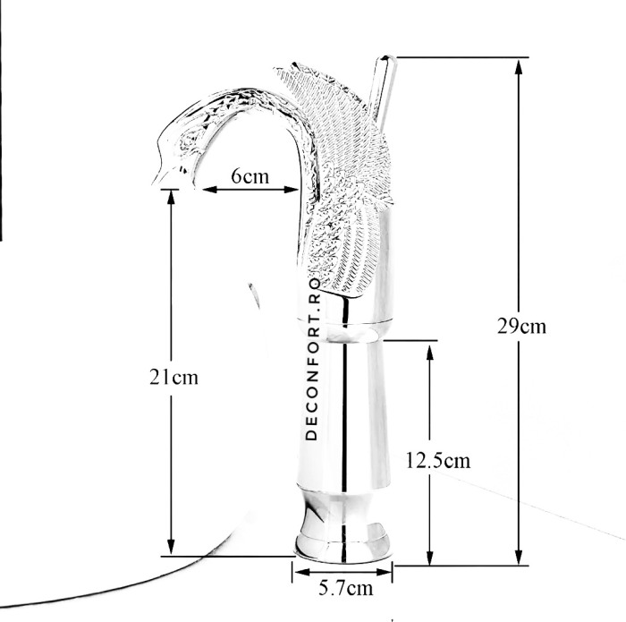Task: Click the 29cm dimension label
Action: [521, 327]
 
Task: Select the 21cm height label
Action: [173, 377]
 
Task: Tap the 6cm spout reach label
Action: [250, 175]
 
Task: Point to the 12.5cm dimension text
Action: [438, 460]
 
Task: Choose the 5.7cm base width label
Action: [346, 588]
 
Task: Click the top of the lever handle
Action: [386, 58]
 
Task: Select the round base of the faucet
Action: [343, 545]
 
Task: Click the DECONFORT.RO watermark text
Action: [312, 359]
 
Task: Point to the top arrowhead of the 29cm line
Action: [519, 67]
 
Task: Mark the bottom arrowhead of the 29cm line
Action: [519, 556]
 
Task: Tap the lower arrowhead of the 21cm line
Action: [172, 547]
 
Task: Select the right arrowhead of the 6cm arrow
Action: [291, 190]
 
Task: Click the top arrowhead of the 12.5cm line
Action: [430, 352]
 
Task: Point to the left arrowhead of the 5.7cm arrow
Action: [302, 573]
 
